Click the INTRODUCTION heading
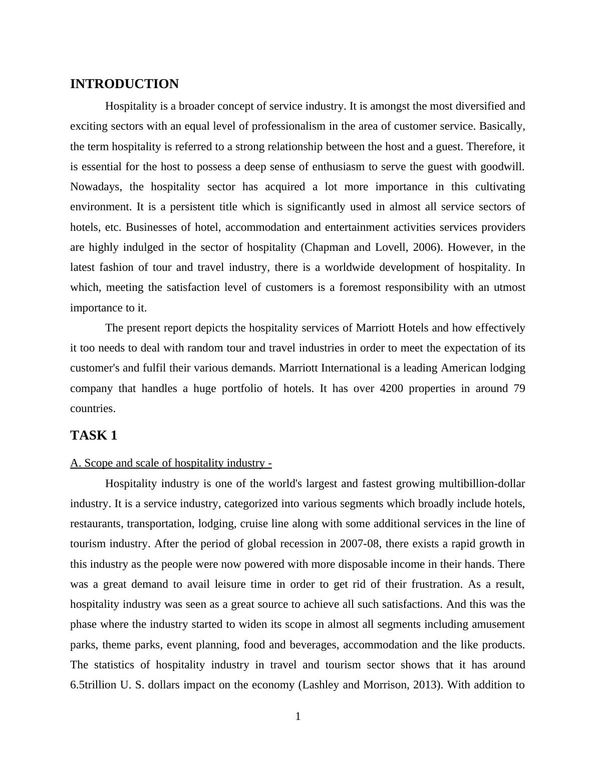click(x=124, y=84)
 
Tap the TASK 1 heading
click(x=94, y=436)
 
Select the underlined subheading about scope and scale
click(x=171, y=463)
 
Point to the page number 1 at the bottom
click(x=298, y=717)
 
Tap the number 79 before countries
click(x=519, y=389)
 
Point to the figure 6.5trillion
click(x=94, y=685)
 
